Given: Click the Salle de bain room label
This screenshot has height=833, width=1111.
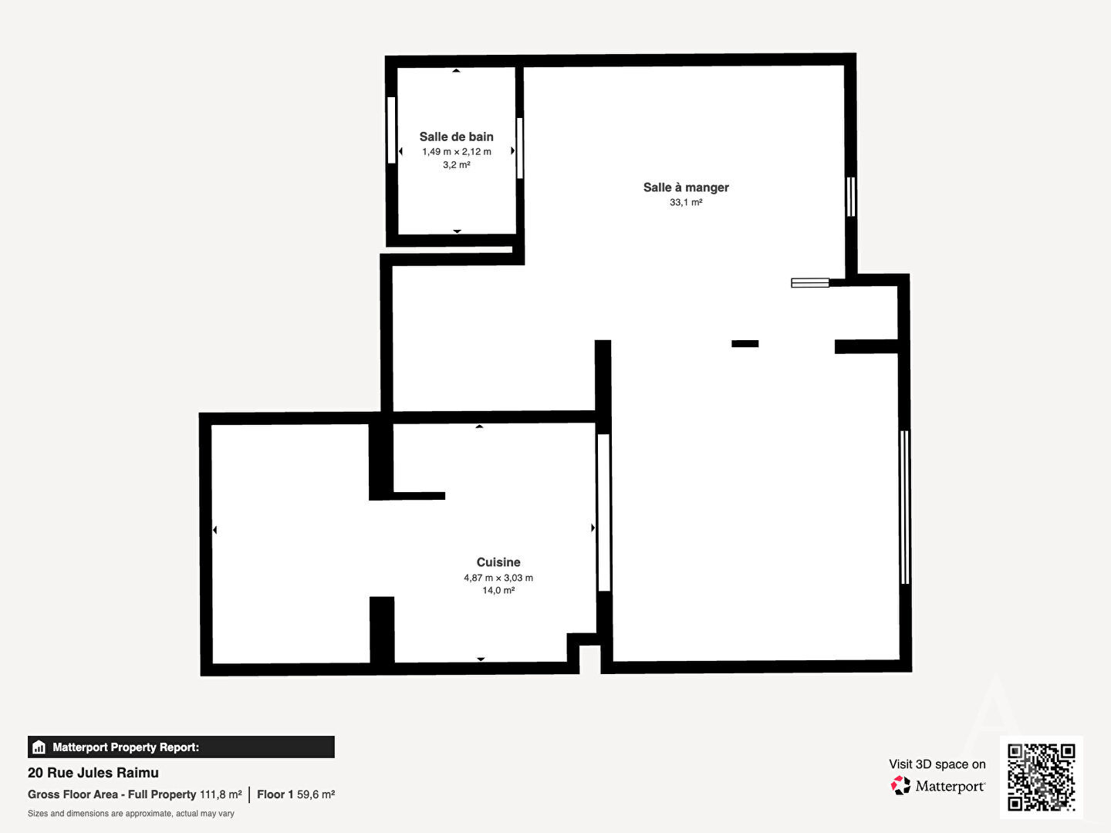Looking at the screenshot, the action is pyautogui.click(x=456, y=137).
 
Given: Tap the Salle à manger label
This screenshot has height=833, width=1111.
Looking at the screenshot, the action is pyautogui.click(x=686, y=187).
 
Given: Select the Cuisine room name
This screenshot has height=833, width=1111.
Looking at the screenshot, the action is pyautogui.click(x=498, y=562).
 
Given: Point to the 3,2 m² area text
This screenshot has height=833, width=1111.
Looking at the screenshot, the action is pyautogui.click(x=456, y=164).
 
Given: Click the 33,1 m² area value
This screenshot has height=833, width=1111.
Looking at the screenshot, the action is pyautogui.click(x=686, y=202).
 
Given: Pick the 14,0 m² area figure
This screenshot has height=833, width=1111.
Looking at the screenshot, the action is pyautogui.click(x=498, y=590).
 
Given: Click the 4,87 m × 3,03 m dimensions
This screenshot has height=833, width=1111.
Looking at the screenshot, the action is pyautogui.click(x=498, y=578).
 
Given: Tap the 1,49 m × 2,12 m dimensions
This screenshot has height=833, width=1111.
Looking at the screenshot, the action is pyautogui.click(x=456, y=151).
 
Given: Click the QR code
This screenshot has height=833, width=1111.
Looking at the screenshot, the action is pyautogui.click(x=1041, y=777).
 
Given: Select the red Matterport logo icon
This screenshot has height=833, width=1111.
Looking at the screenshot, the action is pyautogui.click(x=900, y=785).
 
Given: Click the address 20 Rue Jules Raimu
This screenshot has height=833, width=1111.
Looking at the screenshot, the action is pyautogui.click(x=93, y=772).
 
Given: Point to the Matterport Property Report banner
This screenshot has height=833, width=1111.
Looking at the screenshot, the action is pyautogui.click(x=181, y=747).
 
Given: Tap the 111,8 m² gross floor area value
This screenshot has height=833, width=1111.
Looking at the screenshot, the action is pyautogui.click(x=221, y=794).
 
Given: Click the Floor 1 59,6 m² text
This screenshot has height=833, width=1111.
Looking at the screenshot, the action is pyautogui.click(x=295, y=794).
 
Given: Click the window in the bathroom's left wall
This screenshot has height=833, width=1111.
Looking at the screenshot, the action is pyautogui.click(x=391, y=130).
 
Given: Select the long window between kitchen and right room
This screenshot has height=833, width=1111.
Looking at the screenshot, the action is pyautogui.click(x=604, y=512).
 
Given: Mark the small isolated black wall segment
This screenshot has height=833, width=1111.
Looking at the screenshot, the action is pyautogui.click(x=745, y=344).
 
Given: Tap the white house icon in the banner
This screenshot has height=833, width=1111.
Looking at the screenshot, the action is pyautogui.click(x=39, y=747).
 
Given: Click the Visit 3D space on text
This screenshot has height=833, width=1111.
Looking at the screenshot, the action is pyautogui.click(x=937, y=764).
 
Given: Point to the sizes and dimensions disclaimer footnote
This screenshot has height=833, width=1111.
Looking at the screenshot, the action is pyautogui.click(x=130, y=813).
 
